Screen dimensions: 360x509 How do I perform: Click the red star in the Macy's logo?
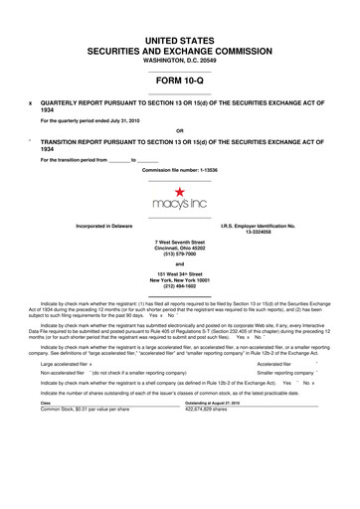[x=179, y=189]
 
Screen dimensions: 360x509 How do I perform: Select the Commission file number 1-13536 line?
[x=179, y=170]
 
